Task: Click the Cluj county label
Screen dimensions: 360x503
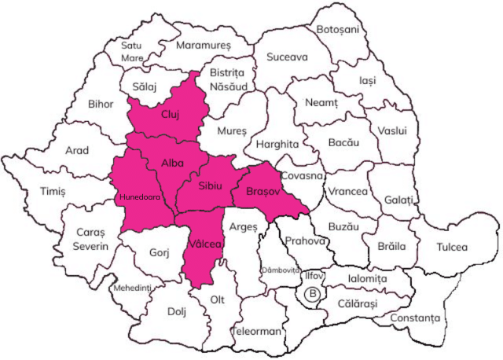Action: pyautogui.click(x=171, y=114)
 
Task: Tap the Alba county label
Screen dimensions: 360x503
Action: pyautogui.click(x=172, y=162)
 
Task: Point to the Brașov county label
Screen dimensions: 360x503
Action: pyautogui.click(x=263, y=191)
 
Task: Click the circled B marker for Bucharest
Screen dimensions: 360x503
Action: pyautogui.click(x=313, y=295)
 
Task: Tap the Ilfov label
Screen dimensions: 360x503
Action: pyautogui.click(x=314, y=276)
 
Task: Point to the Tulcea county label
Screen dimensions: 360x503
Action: pyautogui.click(x=452, y=247)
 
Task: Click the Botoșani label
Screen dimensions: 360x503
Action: pyautogui.click(x=337, y=29)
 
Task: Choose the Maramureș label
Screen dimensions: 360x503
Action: pyautogui.click(x=204, y=46)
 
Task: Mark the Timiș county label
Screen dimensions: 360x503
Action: pyautogui.click(x=53, y=191)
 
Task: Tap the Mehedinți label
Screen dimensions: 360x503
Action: pyautogui.click(x=131, y=288)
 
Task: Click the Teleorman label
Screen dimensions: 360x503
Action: pyautogui.click(x=257, y=331)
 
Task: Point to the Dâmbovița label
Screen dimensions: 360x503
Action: pyautogui.click(x=281, y=270)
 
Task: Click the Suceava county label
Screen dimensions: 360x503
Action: pyautogui.click(x=287, y=57)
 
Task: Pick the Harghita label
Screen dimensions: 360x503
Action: pyautogui.click(x=277, y=145)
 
